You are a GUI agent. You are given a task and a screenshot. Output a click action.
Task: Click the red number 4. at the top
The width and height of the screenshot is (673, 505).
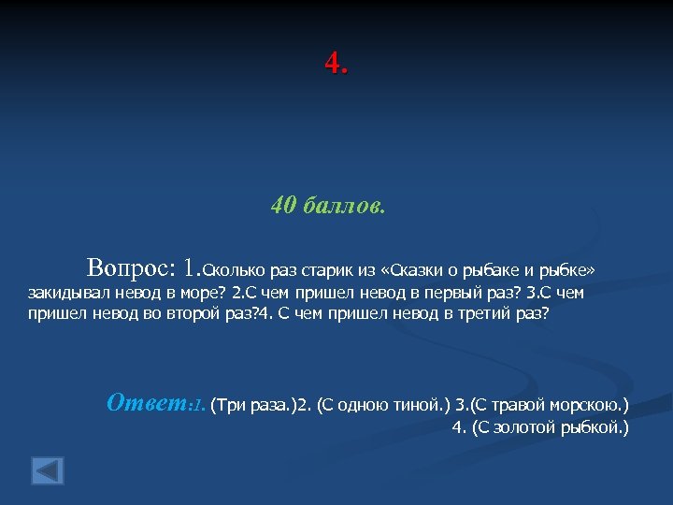coord(336,64)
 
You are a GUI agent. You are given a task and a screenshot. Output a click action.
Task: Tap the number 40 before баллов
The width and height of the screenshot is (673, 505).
coord(284,205)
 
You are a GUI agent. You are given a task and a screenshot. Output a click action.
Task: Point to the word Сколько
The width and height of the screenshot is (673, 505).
coord(234,271)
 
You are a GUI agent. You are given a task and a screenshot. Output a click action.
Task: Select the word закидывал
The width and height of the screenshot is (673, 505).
coord(67,293)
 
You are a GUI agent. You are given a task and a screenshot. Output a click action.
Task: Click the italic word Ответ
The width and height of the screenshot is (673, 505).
coord(147,403)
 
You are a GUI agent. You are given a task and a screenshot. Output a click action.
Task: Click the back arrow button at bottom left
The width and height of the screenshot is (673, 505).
coord(47,469)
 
